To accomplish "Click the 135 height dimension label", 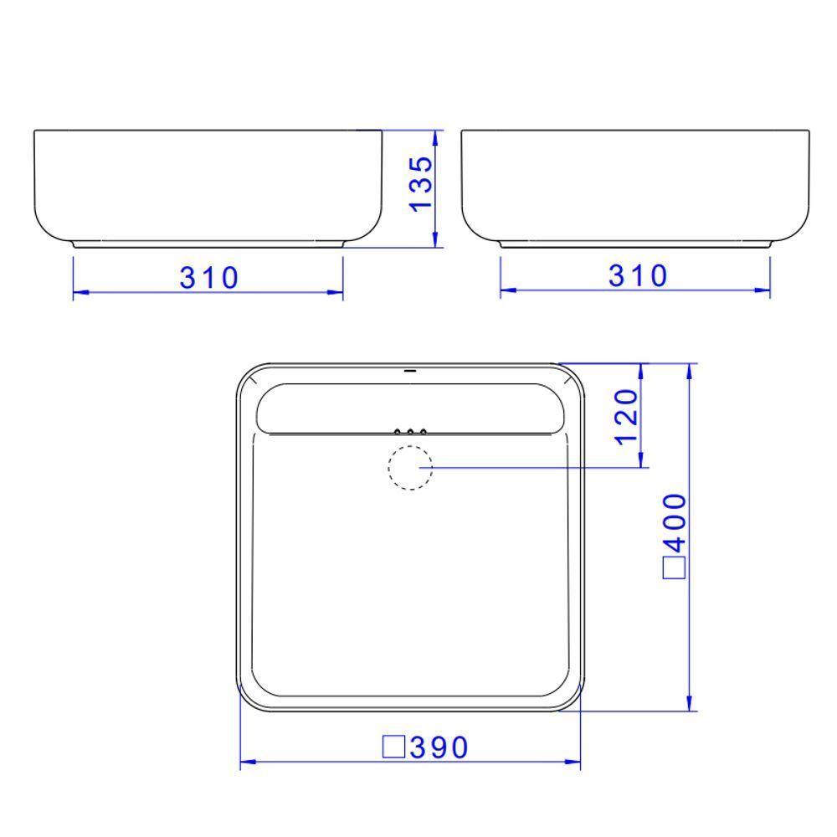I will click(423, 183).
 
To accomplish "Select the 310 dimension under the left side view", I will click(208, 277).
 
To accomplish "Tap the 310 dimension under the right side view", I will click(639, 275).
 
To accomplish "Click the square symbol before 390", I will click(394, 747).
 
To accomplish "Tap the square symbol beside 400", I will click(675, 567).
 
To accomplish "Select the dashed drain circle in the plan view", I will click(410, 467).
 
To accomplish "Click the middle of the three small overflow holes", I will click(410, 432).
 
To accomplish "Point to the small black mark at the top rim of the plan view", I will click(410, 369).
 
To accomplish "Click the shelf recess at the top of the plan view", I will click(410, 408).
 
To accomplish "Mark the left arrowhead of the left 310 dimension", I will click(80, 293).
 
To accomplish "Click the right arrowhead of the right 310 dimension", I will click(763, 291).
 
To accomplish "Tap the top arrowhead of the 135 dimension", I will click(436, 138).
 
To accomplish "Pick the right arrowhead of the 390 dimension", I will click(573, 763).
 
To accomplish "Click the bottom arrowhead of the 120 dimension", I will click(641, 460).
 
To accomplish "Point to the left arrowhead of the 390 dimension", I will click(247, 763).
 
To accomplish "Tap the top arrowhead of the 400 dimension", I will click(691, 371).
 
